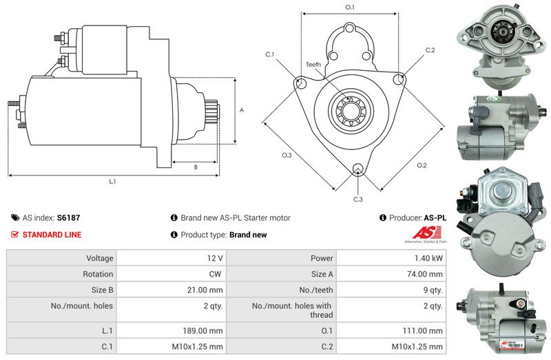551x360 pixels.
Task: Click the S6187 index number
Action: pyautogui.click(x=68, y=218)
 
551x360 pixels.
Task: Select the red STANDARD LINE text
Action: pyautogui.click(x=52, y=235)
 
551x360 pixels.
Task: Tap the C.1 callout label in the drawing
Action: pyautogui.click(x=269, y=54)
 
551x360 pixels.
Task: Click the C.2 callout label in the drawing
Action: pyautogui.click(x=430, y=50)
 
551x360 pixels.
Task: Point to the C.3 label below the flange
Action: pyautogui.click(x=357, y=199)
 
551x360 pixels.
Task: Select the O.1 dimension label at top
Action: pyautogui.click(x=349, y=7)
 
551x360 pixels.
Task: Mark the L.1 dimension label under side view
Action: pyautogui.click(x=113, y=182)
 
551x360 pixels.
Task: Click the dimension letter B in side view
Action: pyautogui.click(x=196, y=167)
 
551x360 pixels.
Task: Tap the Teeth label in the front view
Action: pyautogui.click(x=313, y=65)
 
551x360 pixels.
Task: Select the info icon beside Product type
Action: pyautogui.click(x=174, y=235)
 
